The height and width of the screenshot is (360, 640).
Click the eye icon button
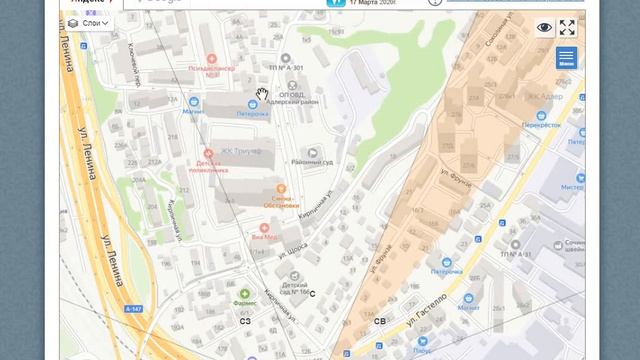[544, 28]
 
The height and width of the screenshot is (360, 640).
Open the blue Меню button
[566, 58]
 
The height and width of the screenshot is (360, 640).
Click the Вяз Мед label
[264, 236]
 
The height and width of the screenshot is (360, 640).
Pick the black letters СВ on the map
[379, 321]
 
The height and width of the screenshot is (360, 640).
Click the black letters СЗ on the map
[244, 320]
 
